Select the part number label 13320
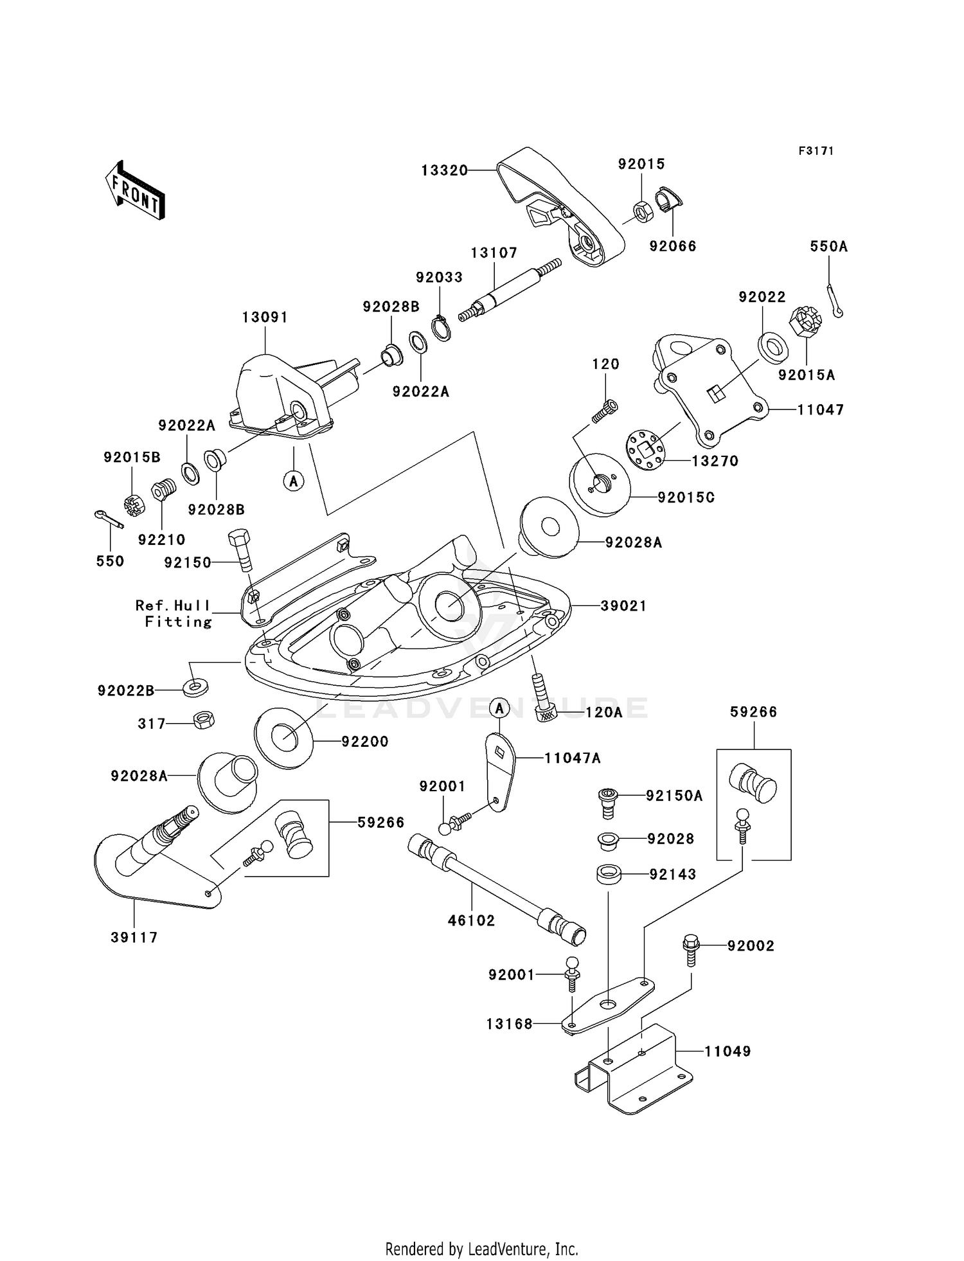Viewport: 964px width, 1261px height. [x=444, y=170]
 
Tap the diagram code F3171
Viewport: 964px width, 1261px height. [x=816, y=151]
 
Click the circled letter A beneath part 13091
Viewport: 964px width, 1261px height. [x=294, y=480]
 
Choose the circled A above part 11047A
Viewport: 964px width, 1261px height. [x=500, y=708]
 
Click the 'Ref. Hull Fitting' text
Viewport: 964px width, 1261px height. [x=174, y=613]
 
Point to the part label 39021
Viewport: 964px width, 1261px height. [x=623, y=605]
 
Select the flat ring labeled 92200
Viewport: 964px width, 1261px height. [x=284, y=737]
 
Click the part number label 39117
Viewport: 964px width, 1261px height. [x=134, y=937]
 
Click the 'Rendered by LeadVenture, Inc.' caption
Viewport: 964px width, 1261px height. [x=482, y=1249]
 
